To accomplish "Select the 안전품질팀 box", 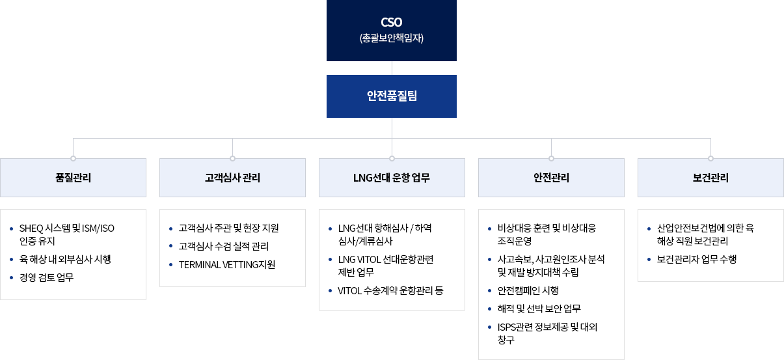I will [x=391, y=96].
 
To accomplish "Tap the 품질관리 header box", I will [x=73, y=178].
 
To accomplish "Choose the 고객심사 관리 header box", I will [x=232, y=178].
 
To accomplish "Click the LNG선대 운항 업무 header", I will [x=392, y=178].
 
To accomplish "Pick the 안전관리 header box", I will [x=551, y=178].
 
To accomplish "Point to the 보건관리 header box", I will [x=710, y=178].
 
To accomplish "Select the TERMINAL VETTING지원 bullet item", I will [x=227, y=264].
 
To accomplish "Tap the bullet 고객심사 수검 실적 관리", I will [x=224, y=246].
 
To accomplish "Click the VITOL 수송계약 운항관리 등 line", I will [x=390, y=290].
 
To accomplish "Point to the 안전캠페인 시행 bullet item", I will [x=528, y=290].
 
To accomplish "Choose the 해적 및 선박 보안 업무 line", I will [x=539, y=309].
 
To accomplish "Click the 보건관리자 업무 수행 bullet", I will [x=696, y=259].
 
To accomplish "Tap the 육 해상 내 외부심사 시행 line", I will [x=65, y=259].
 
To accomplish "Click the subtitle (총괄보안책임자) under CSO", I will [x=391, y=38].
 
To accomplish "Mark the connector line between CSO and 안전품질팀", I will [x=392, y=68].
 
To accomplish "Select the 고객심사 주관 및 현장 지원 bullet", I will [x=228, y=228].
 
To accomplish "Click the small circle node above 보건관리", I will [x=710, y=158].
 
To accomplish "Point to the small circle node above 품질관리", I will [x=73, y=158].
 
